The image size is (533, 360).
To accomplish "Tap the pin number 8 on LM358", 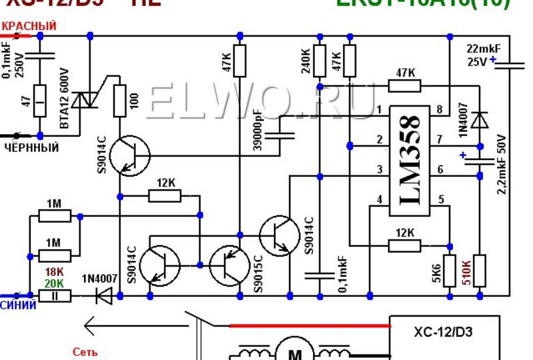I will pos(440,109).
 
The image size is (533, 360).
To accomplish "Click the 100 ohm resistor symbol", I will pos(121,101).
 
